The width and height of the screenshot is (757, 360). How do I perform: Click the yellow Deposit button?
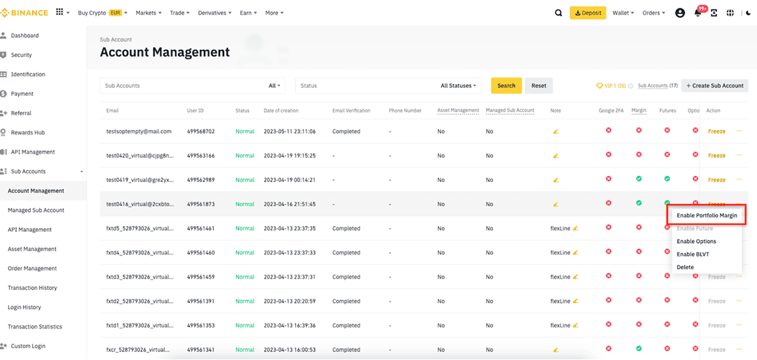587,12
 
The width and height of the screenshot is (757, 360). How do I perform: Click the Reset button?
539,85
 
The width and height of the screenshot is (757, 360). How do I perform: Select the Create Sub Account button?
715,85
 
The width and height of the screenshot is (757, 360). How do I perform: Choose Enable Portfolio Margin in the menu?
706,215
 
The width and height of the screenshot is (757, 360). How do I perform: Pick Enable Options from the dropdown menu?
696,241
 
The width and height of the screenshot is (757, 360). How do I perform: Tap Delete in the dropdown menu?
685,267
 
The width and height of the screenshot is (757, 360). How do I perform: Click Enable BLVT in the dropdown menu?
693,254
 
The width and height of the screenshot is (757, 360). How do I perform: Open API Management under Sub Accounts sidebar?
30,230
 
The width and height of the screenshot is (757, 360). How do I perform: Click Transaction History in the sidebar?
32,288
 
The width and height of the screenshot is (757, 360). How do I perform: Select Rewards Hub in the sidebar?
28,133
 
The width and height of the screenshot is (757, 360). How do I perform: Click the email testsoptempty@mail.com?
139,131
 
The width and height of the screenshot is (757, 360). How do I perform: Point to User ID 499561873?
200,204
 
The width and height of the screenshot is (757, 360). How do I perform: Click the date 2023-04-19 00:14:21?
289,180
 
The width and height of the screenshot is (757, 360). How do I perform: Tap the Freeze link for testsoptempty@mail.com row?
716,131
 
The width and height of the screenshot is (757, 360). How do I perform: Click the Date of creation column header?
281,110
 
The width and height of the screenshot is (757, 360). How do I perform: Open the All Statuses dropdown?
459,85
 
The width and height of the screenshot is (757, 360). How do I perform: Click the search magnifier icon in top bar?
559,12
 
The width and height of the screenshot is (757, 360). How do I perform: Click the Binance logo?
24,12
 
